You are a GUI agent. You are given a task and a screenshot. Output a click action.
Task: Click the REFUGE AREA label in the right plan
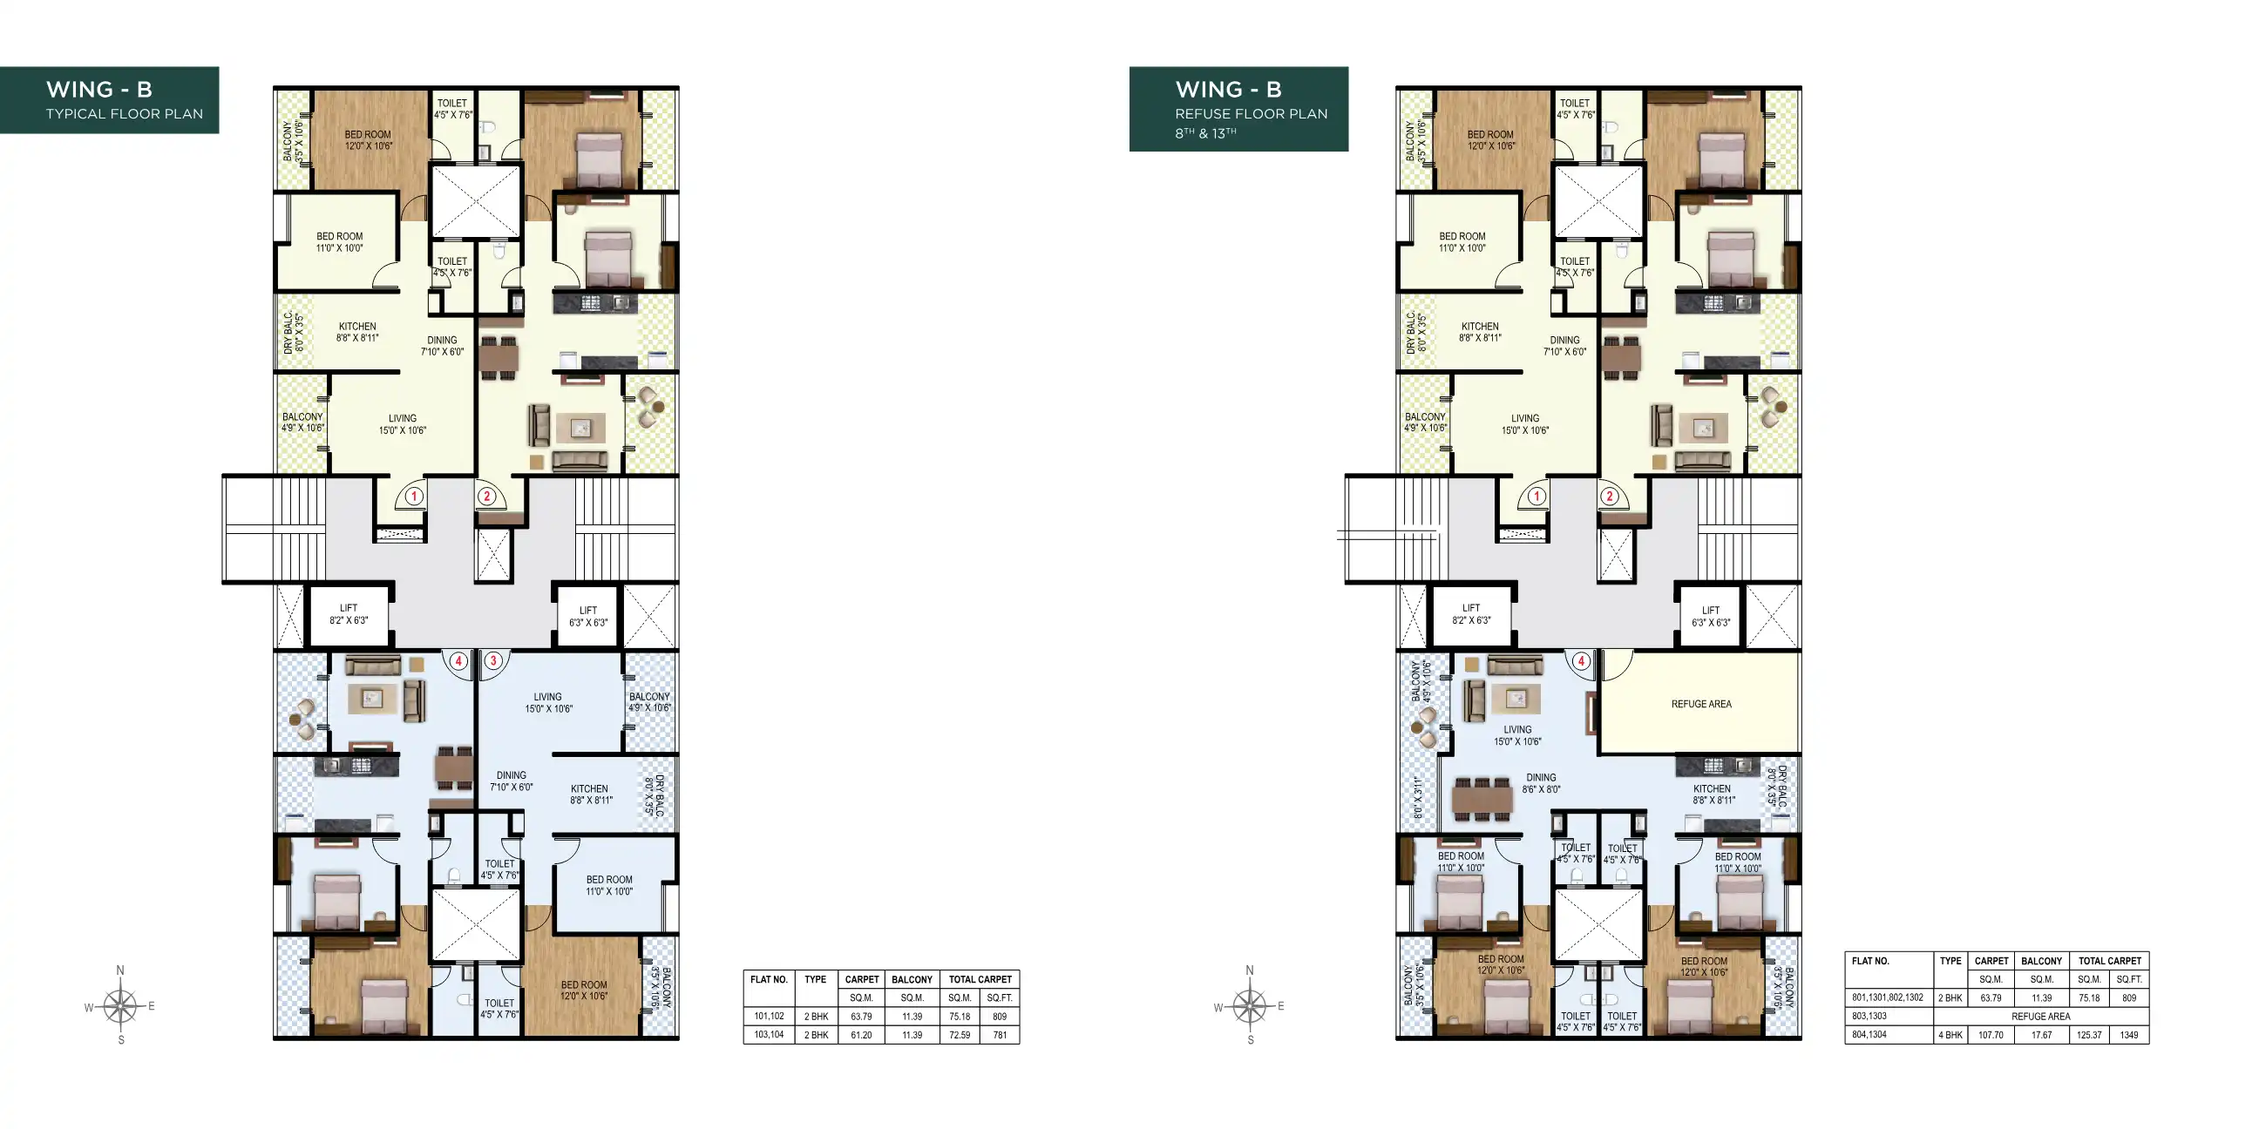[1700, 704]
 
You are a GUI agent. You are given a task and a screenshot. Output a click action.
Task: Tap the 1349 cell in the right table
[2128, 1035]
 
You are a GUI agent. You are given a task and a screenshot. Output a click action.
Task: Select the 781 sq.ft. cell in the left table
[999, 1035]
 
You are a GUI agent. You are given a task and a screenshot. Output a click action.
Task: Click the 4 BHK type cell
[1950, 1035]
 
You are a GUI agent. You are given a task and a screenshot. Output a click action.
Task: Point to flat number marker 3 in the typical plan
[493, 660]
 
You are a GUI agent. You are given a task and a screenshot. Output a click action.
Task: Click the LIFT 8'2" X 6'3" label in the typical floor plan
[348, 613]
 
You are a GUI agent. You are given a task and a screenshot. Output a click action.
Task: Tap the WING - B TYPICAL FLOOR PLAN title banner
[109, 100]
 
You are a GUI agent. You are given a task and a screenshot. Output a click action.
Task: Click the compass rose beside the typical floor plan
[120, 1006]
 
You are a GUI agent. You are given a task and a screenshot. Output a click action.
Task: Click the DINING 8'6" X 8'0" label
[1540, 783]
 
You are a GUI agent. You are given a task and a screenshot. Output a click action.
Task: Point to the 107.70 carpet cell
[1991, 1035]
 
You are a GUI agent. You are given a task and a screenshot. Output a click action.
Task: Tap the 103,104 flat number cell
[768, 1035]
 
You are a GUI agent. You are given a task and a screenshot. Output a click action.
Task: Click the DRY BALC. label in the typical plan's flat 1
[294, 333]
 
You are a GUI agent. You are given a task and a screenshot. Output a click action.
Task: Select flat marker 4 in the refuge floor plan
[1581, 661]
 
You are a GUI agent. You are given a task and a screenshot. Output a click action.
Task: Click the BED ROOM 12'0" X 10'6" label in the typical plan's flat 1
[368, 140]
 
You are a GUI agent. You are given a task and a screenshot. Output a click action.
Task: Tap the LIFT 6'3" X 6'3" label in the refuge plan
[1710, 616]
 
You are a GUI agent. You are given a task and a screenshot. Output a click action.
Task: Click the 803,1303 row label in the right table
[1869, 1017]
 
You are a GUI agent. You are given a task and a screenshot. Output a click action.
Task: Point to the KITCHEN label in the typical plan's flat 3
[589, 794]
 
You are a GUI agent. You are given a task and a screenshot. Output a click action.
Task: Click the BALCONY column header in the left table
[911, 980]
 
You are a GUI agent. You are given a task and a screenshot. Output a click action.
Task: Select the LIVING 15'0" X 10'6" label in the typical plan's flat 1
[403, 424]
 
